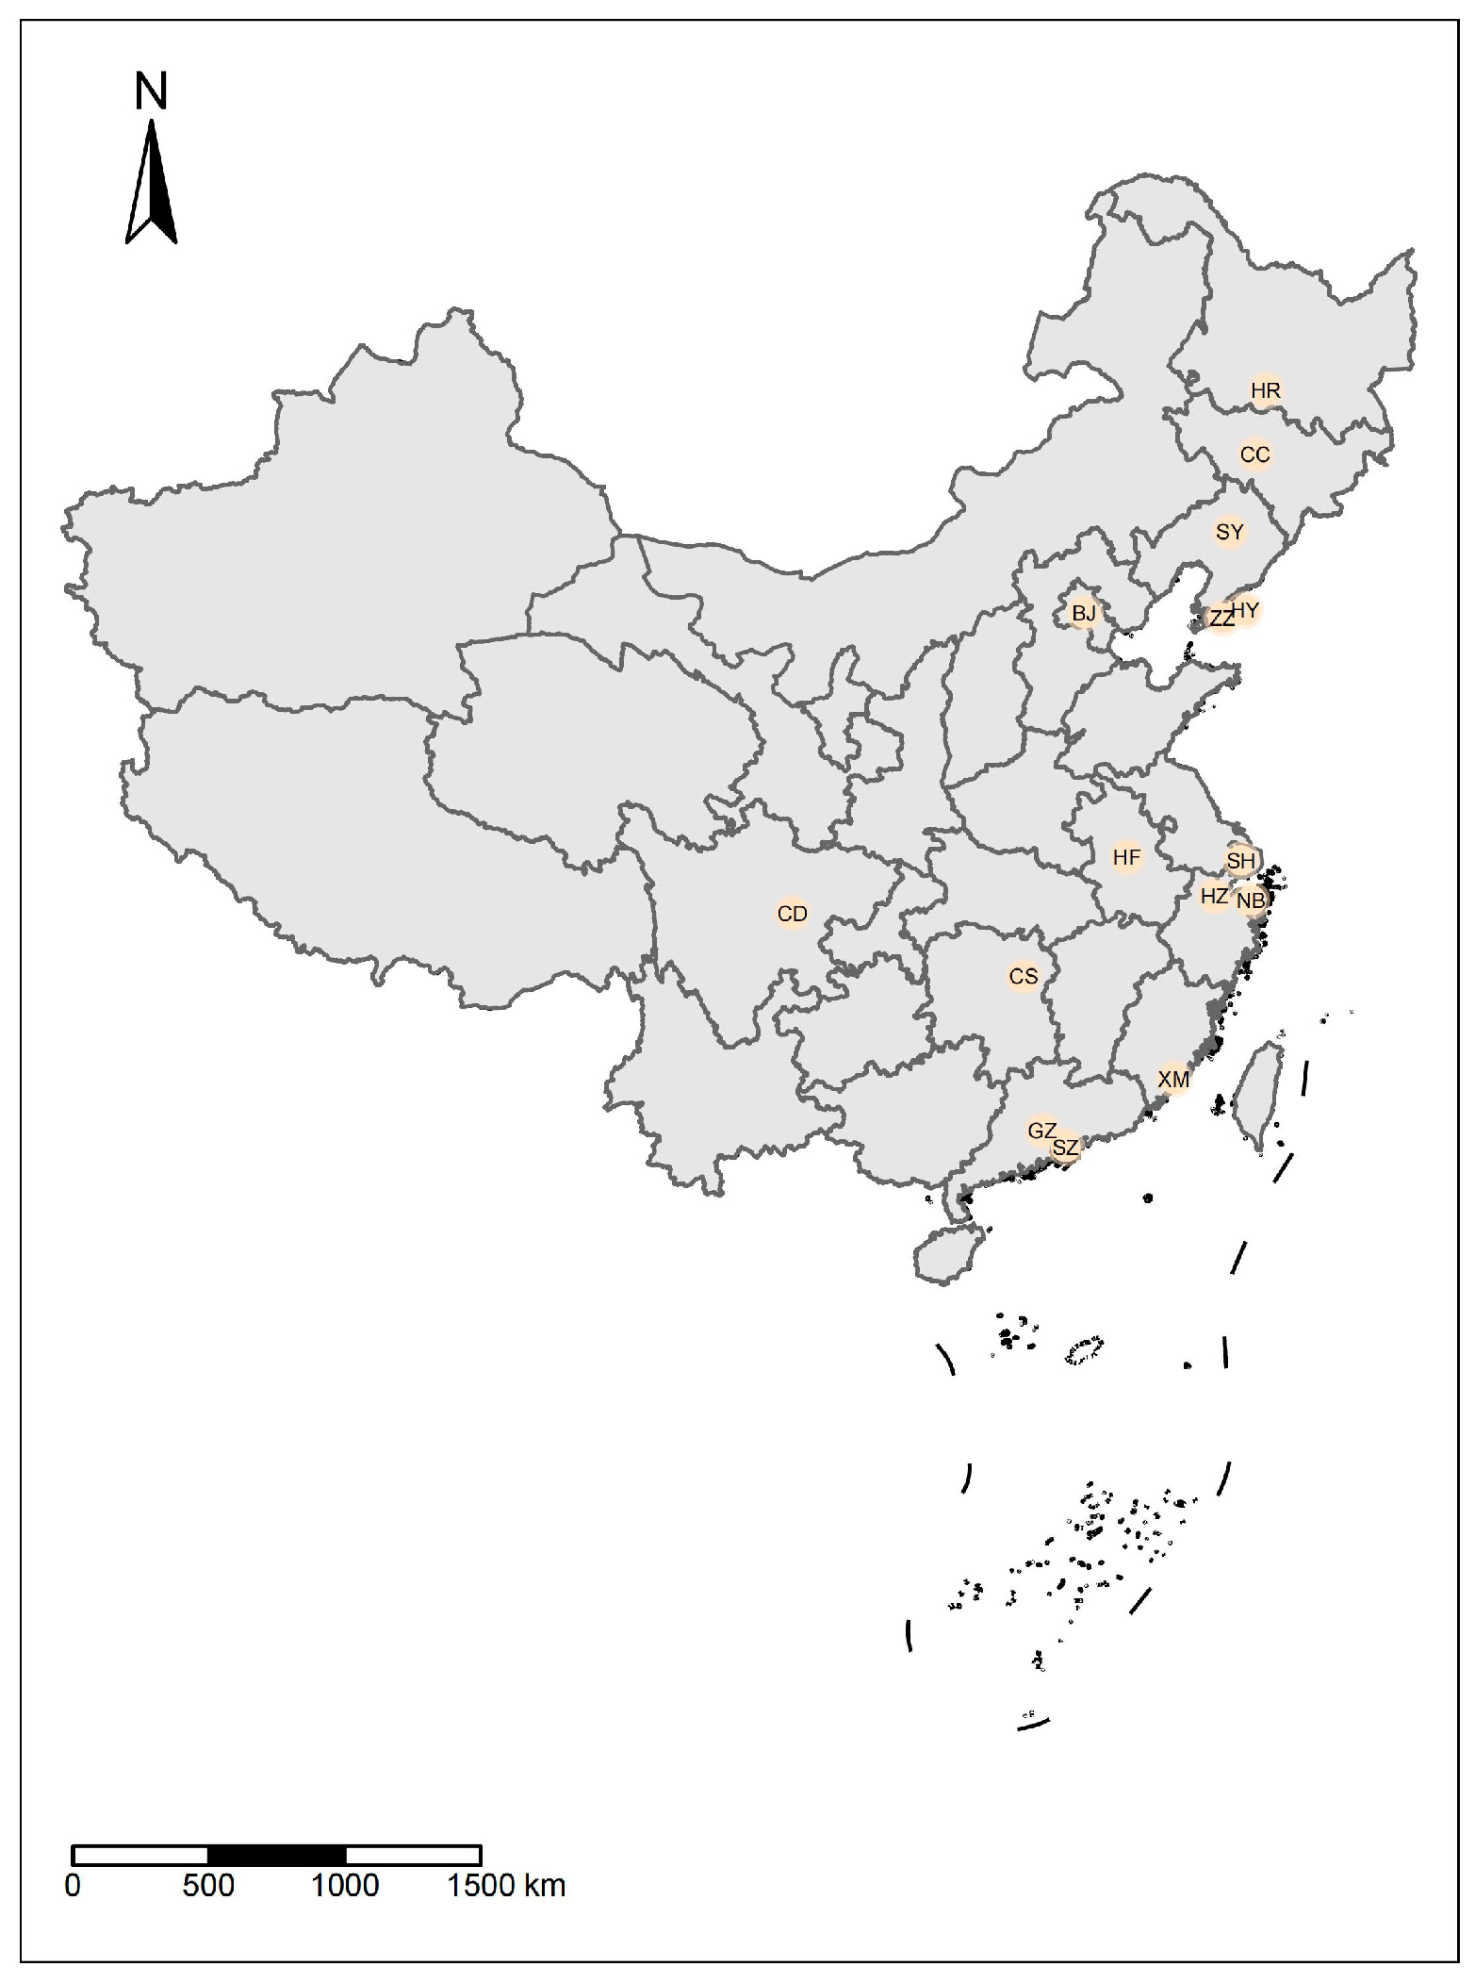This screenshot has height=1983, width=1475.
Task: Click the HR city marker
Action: [1265, 390]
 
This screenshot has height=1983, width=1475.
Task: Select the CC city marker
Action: [1254, 454]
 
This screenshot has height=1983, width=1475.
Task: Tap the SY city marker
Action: [1229, 532]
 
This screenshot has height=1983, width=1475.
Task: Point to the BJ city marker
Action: [1084, 614]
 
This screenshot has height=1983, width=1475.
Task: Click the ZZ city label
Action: [1221, 620]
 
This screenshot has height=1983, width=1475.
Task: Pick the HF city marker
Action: [1126, 857]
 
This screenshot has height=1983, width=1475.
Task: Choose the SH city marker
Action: [1240, 860]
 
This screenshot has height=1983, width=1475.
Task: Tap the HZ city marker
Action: [1214, 896]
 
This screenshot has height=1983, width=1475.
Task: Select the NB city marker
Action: [1251, 901]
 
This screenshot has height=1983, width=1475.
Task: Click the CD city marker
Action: [792, 914]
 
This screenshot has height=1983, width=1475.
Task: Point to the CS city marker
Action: [1023, 976]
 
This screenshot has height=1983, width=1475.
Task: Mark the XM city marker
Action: [1173, 1079]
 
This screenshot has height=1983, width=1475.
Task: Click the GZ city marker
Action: [1041, 1130]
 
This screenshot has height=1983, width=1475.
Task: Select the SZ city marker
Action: [1065, 1148]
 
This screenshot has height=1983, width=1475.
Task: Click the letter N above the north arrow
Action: [151, 91]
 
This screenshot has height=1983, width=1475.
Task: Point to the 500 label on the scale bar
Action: [208, 1885]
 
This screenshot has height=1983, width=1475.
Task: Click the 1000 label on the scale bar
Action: [345, 1885]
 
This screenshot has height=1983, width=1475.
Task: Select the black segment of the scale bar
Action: [276, 1855]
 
